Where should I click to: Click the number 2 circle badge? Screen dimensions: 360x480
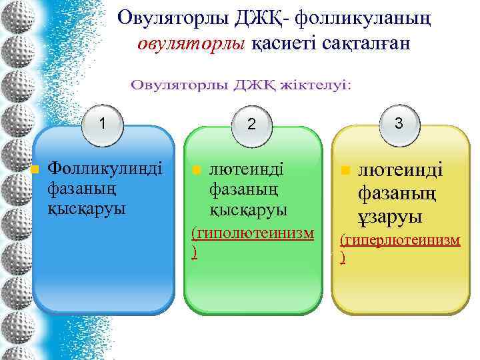pyautogui.click(x=251, y=124)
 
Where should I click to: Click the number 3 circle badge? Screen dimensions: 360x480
pyautogui.click(x=398, y=123)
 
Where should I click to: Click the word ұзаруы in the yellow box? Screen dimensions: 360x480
pyautogui.click(x=390, y=217)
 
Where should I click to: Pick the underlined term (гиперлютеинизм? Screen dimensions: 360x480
pyautogui.click(x=400, y=239)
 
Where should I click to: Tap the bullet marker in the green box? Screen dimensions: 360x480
pyautogui.click(x=196, y=170)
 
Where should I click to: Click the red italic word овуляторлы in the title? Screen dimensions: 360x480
pyautogui.click(x=193, y=44)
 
